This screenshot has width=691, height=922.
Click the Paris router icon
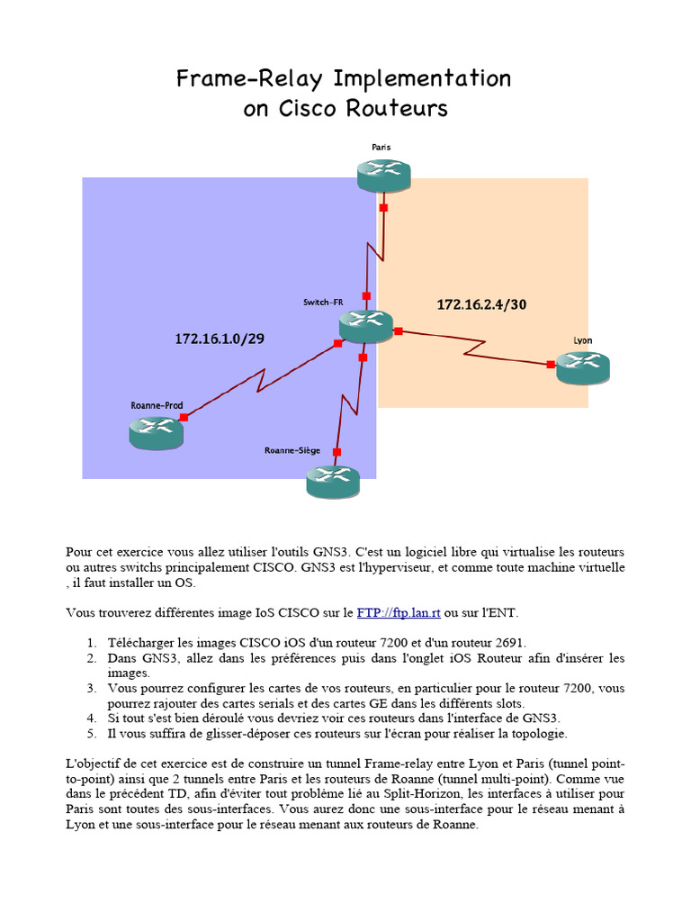pyautogui.click(x=383, y=174)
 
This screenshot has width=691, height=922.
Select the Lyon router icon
pyautogui.click(x=582, y=366)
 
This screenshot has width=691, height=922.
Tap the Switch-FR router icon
pyautogui.click(x=366, y=325)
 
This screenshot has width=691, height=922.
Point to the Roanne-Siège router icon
pyautogui.click(x=333, y=481)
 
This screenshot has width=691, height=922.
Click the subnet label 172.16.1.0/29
pyautogui.click(x=220, y=339)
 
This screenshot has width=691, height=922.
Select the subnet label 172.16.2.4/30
pyautogui.click(x=481, y=304)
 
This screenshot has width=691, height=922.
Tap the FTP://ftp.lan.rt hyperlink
pyautogui.click(x=399, y=613)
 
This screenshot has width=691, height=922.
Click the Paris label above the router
pyautogui.click(x=381, y=146)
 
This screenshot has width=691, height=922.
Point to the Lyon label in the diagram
pyautogui.click(x=582, y=340)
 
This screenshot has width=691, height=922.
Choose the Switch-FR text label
pyautogui.click(x=323, y=303)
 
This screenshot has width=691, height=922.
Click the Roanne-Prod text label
pyautogui.click(x=157, y=406)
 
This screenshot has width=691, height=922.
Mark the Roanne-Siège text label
pyautogui.click(x=293, y=450)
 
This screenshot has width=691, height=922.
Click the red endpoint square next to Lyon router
pyautogui.click(x=550, y=365)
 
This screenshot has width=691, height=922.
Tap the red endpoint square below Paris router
pyautogui.click(x=383, y=208)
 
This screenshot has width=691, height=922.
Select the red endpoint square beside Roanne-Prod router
pyautogui.click(x=184, y=417)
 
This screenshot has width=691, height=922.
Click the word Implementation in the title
pyautogui.click(x=422, y=79)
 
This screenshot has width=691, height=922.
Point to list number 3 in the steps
pyautogui.click(x=92, y=688)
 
